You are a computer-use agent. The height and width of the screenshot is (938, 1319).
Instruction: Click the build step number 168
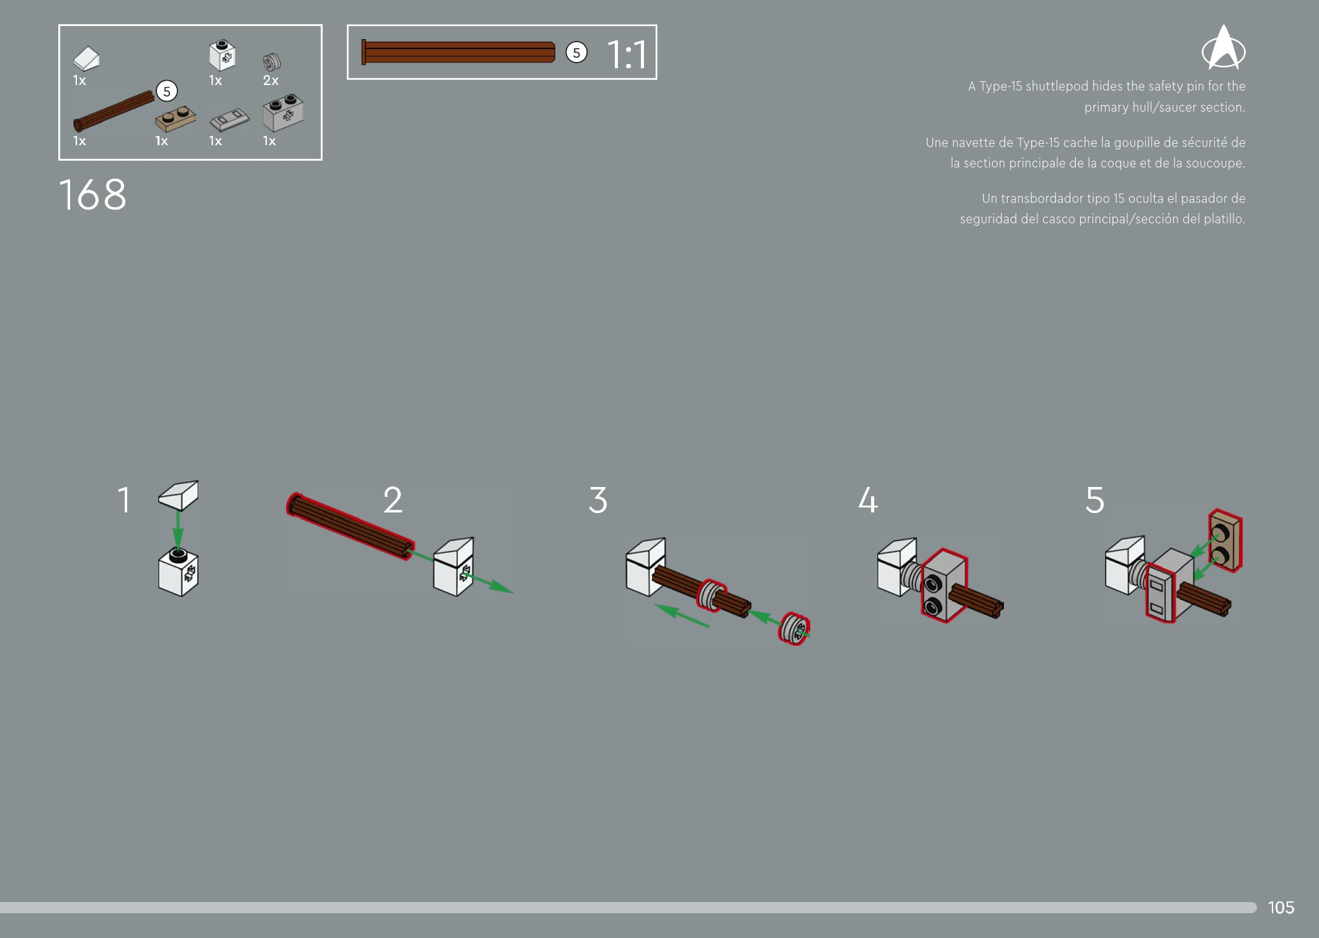click(93, 195)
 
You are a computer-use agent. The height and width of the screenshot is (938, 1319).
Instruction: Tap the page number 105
click(1281, 908)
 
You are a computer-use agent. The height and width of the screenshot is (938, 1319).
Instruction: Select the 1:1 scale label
click(627, 54)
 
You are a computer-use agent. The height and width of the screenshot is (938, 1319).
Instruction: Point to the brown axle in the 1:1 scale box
click(458, 52)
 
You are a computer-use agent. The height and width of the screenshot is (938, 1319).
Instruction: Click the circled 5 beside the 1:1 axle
click(576, 53)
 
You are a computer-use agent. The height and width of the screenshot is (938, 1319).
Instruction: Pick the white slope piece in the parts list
click(86, 59)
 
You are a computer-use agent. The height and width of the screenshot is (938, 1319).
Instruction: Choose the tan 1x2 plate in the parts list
click(176, 118)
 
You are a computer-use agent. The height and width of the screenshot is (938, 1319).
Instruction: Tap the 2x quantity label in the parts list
click(271, 81)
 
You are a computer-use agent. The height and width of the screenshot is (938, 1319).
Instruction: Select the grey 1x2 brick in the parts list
click(284, 112)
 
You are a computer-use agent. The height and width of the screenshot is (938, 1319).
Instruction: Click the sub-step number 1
click(125, 500)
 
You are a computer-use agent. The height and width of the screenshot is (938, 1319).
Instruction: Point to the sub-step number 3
click(598, 500)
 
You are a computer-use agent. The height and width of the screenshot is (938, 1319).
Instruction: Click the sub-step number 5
click(1095, 500)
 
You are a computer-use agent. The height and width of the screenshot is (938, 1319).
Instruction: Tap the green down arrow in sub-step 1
click(178, 529)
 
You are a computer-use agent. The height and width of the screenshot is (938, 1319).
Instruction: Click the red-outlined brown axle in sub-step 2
click(351, 526)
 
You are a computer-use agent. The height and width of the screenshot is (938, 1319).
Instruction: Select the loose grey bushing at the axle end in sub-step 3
click(794, 628)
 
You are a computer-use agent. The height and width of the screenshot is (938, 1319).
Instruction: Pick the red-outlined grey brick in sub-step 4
click(944, 585)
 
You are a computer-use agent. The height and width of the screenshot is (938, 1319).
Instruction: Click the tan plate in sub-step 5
click(1225, 540)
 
